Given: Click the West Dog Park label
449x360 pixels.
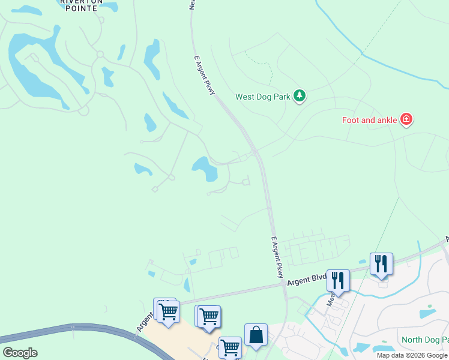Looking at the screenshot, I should (262, 97).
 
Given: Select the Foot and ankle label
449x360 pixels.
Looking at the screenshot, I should (369, 120).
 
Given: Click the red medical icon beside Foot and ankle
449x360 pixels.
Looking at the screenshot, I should (406, 120).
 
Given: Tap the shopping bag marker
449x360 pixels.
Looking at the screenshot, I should (256, 335).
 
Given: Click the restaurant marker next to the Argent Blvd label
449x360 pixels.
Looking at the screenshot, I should (338, 281).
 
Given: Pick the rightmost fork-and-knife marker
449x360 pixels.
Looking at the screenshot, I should (381, 264).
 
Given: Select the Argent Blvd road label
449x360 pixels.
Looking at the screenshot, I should (306, 280).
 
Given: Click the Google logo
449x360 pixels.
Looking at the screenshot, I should (20, 353).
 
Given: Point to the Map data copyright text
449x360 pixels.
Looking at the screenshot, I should (412, 355).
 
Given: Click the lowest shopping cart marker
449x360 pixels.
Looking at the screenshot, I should (231, 347).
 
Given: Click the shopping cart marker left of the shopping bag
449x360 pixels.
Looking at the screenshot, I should (208, 316).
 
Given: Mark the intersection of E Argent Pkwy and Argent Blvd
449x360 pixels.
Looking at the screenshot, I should (285, 284).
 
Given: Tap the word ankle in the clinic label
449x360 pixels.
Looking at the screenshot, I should (385, 120).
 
